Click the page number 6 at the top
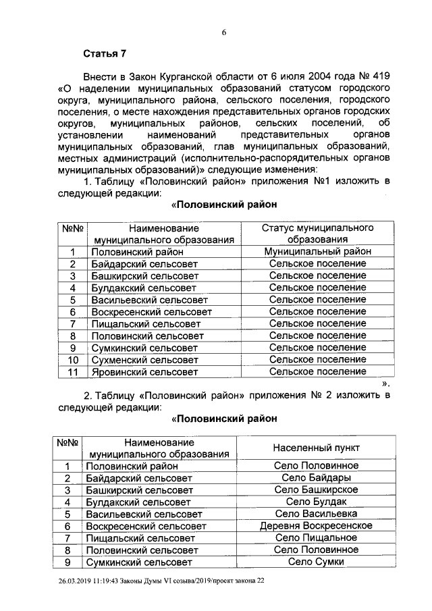223,32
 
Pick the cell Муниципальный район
317,252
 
